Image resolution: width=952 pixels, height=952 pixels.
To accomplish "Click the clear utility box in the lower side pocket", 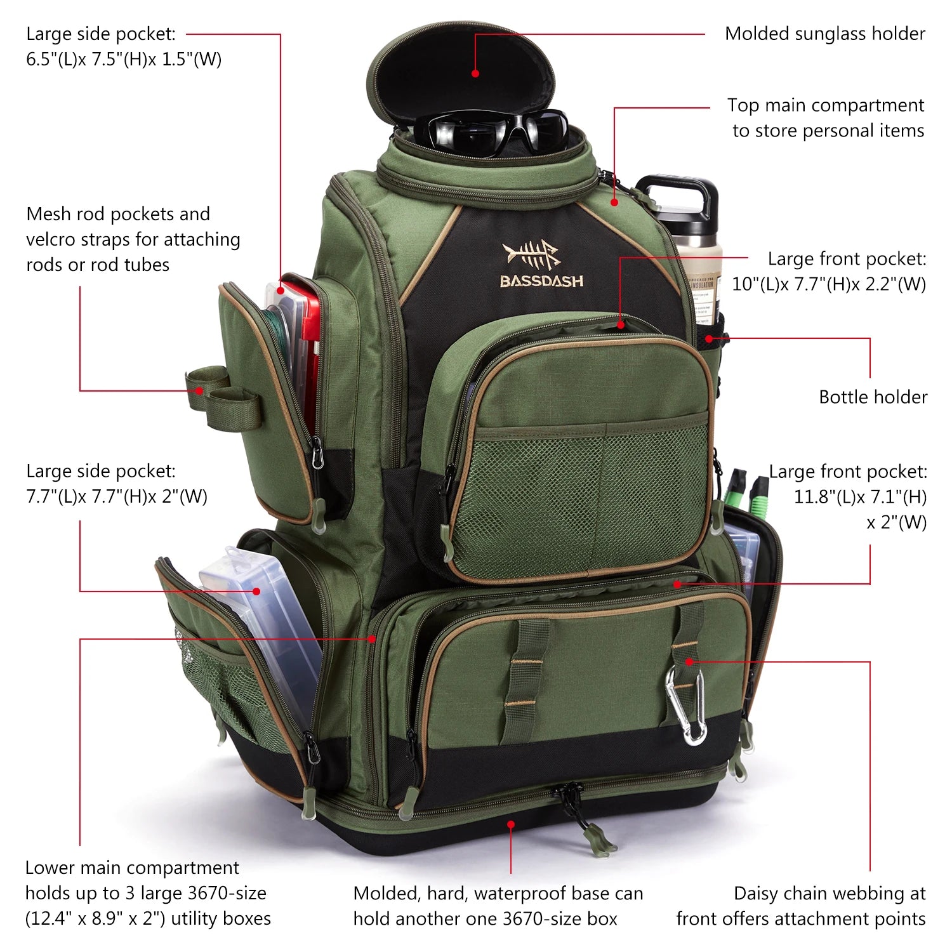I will point(267,628).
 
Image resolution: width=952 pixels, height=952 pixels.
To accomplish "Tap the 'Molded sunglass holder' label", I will point(824,34).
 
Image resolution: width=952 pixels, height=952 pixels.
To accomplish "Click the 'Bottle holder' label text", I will point(873,397).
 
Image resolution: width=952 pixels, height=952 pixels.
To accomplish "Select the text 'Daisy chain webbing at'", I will point(829,893).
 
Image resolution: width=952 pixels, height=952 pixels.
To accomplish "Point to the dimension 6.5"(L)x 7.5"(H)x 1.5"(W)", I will point(124,59).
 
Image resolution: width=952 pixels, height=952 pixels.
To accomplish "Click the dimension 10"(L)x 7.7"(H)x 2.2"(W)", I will point(829,284).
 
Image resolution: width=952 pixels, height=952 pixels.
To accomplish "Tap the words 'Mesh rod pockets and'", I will point(118,214).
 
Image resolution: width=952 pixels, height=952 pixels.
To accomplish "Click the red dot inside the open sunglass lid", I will point(475,74).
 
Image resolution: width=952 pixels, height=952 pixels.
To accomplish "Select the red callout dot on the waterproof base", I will point(511,824).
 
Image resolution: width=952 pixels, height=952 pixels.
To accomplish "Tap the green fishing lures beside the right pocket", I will point(749,492).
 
